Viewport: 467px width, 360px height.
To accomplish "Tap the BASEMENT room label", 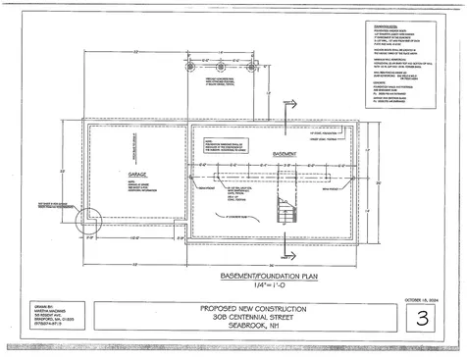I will [x=285, y=155].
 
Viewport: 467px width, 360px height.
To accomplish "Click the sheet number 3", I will [x=422, y=319].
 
